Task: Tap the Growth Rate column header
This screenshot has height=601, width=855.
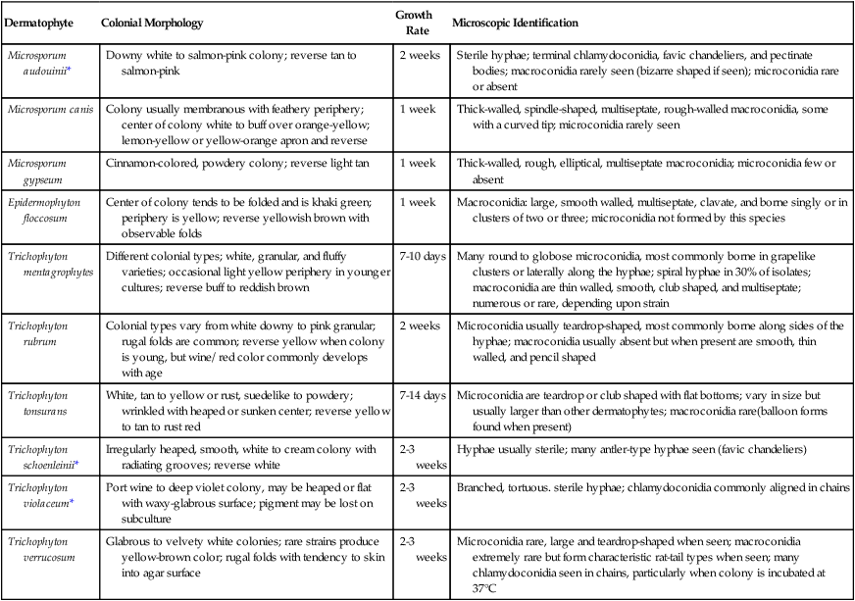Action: coord(414,22)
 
